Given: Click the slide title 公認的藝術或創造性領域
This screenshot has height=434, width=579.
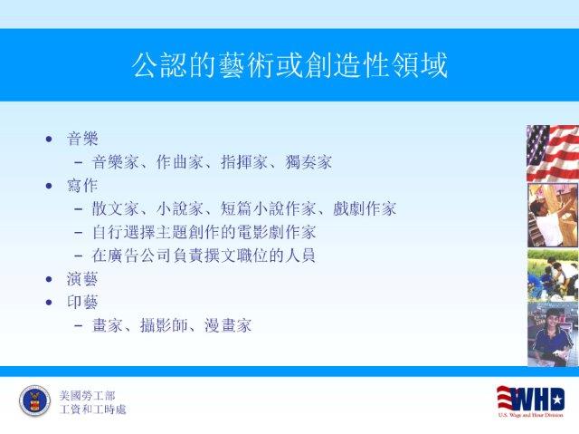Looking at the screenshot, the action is (x=289, y=65).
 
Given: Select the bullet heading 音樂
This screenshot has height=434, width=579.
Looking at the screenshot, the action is (x=82, y=139).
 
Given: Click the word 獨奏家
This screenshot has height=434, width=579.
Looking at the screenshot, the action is (x=308, y=162).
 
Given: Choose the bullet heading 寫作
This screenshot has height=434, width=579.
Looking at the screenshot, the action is (x=82, y=186).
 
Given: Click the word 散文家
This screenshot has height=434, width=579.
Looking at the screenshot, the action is (x=115, y=209).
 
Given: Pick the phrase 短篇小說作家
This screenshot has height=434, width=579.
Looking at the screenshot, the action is (x=268, y=209).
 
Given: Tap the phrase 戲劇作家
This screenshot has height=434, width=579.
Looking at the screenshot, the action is (x=365, y=209).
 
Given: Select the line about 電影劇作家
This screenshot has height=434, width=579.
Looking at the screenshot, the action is (x=204, y=232).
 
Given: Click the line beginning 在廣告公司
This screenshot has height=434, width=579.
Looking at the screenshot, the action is (x=204, y=256).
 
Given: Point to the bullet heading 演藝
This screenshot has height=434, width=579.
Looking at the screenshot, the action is (x=82, y=279).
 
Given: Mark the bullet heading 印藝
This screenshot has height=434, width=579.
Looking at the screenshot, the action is (x=82, y=302).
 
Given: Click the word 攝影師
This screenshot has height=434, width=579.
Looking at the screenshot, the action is (x=164, y=325).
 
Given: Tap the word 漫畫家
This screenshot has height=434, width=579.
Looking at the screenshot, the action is (x=228, y=325).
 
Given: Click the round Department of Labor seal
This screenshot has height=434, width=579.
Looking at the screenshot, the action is (x=34, y=401).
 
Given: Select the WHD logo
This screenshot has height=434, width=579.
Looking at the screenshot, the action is (x=531, y=401).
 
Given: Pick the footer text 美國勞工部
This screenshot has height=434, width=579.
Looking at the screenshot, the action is (x=87, y=396).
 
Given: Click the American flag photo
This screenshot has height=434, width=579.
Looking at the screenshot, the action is (x=553, y=153).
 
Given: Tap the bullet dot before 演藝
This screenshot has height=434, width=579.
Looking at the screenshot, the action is (x=49, y=279).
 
